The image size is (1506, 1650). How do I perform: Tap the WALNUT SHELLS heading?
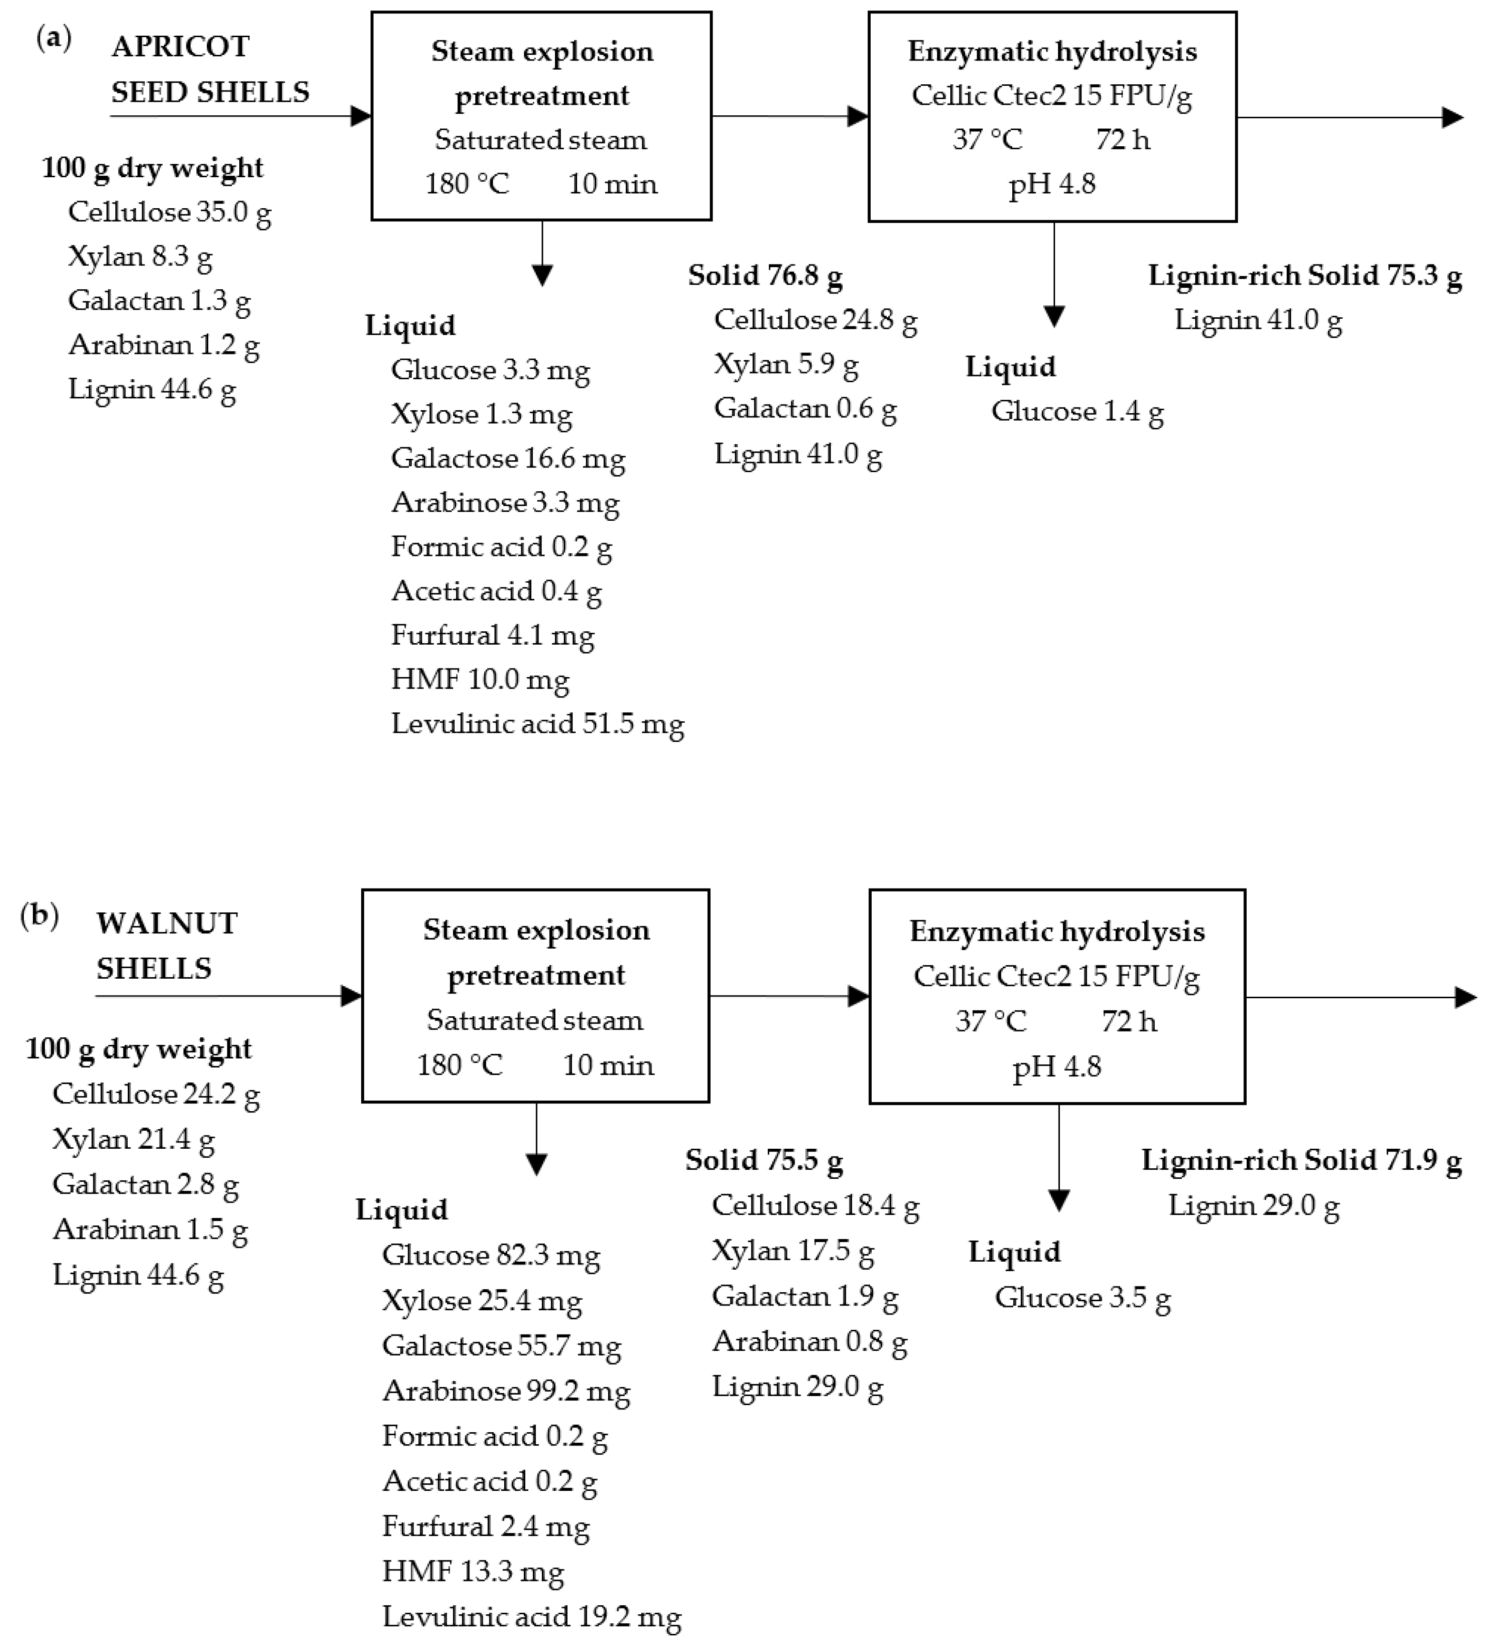166,945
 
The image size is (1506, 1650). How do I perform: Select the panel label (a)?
54,38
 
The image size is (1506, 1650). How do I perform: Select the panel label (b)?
39,915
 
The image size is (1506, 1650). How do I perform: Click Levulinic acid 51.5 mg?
537,723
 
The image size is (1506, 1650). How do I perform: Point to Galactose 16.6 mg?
508,458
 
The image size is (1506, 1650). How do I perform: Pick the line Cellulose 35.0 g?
169,212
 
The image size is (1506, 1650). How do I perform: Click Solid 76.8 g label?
764,276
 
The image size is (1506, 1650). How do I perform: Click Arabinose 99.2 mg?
505,1390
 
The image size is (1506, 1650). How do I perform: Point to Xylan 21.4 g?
132,1138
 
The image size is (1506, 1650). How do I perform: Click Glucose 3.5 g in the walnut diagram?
1082,1297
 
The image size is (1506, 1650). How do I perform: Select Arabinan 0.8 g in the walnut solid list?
809,1341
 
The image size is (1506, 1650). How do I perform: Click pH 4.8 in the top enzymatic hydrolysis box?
1052,183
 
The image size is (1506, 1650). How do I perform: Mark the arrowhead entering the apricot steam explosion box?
361,116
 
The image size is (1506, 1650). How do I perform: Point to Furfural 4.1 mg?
492,635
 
